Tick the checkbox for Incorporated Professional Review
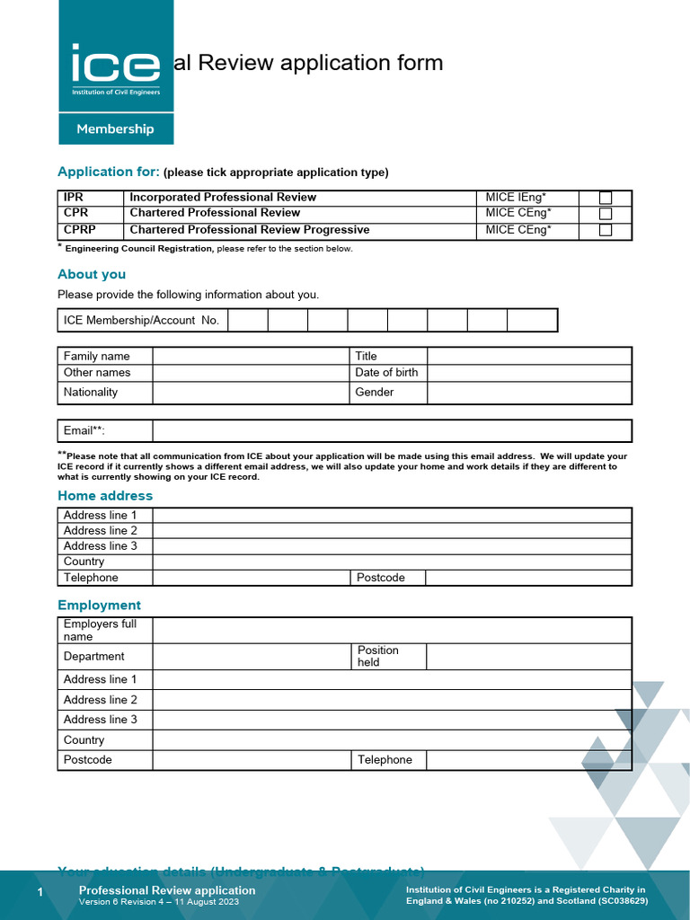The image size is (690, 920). [606, 198]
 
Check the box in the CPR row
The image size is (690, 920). [606, 214]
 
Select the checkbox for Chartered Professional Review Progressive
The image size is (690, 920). [606, 230]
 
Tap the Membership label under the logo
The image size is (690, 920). [115, 128]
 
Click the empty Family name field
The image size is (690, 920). [250, 357]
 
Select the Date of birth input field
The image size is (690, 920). [528, 373]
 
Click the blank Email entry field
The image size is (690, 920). [392, 431]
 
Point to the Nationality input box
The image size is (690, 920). [250, 393]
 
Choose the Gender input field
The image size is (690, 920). [528, 393]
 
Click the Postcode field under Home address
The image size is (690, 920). [528, 578]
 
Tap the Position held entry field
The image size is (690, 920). [528, 657]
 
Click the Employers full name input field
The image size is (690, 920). [392, 630]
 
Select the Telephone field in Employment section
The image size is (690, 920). [528, 760]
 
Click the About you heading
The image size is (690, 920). [92, 274]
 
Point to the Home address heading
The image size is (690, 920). [105, 496]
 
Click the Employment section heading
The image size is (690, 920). [99, 606]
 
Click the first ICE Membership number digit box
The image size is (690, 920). [248, 321]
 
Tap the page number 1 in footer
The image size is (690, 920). [40, 891]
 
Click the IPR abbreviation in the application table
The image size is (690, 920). [74, 198]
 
